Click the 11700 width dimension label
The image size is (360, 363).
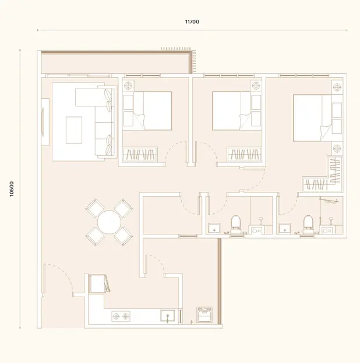click(x=192, y=22)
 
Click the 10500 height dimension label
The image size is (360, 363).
click(x=12, y=189)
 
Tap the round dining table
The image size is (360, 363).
click(x=109, y=222)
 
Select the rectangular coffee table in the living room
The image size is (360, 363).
click(x=74, y=130)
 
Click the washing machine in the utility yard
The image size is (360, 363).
click(x=204, y=315)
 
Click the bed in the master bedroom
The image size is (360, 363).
click(x=312, y=118)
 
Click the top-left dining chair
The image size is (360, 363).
click(x=95, y=208)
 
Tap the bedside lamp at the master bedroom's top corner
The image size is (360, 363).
click(x=337, y=87)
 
